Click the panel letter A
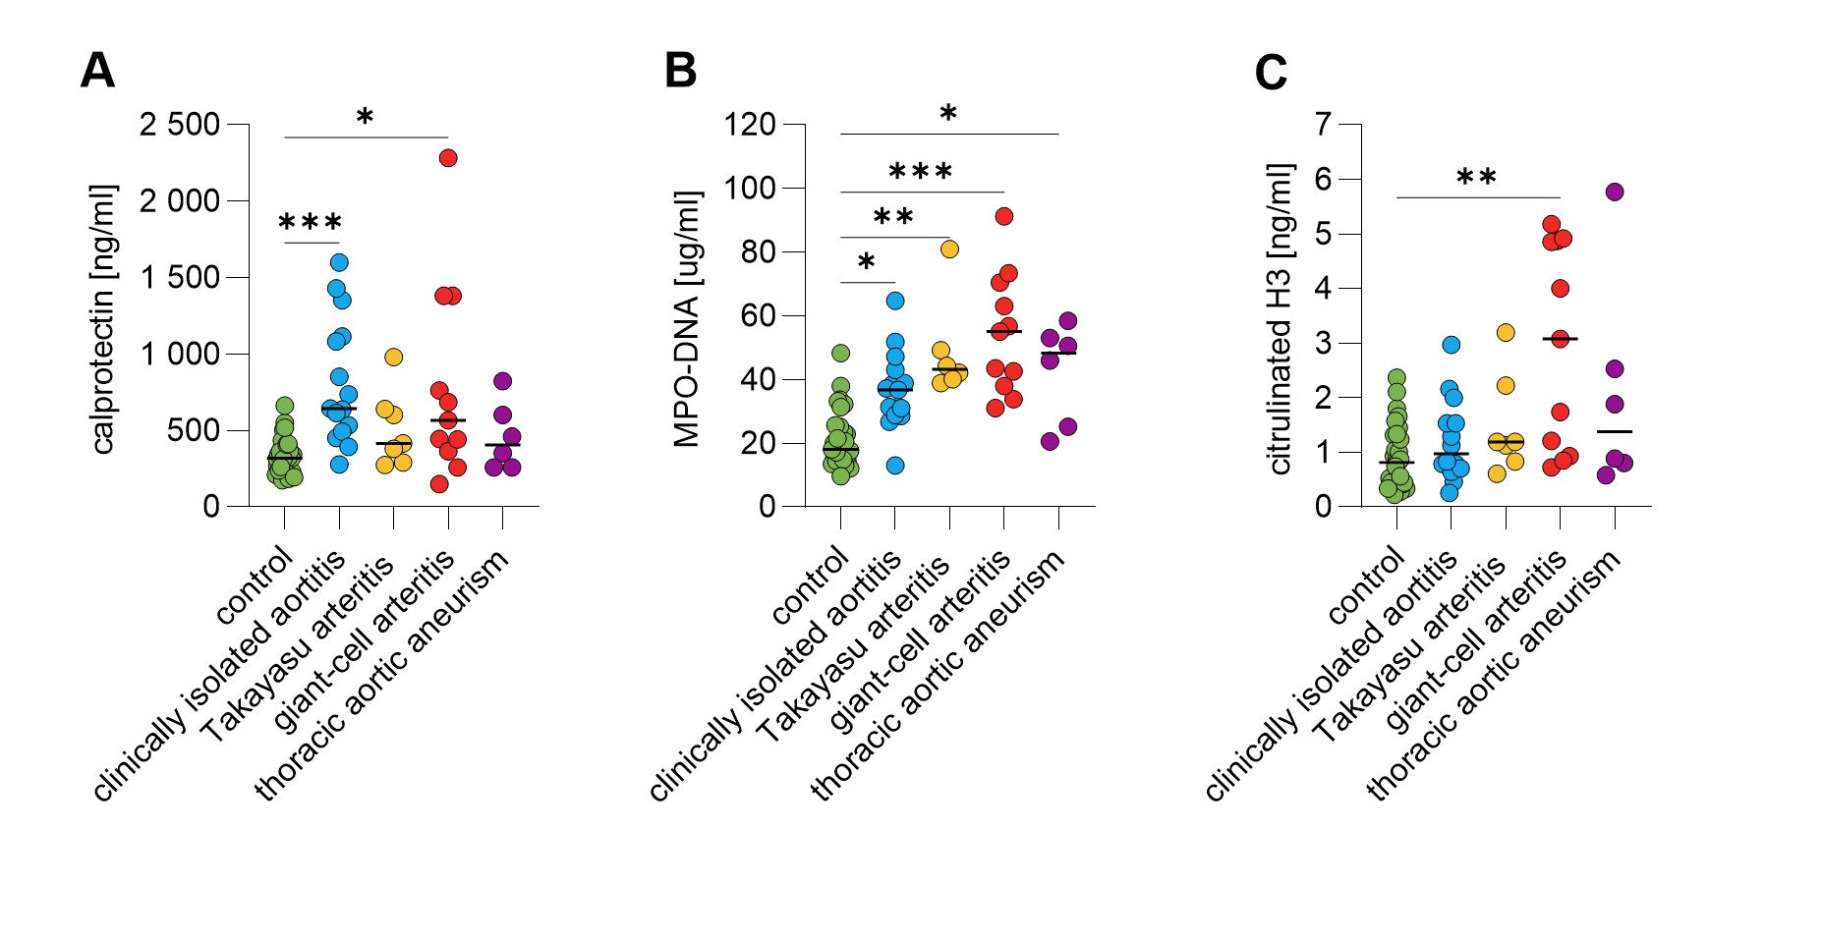coord(97,71)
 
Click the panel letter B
coord(680,71)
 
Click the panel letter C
coord(1271,73)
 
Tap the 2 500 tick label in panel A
coord(180,125)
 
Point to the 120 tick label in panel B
coord(750,125)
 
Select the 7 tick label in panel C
coord(1323,125)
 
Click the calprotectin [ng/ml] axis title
coord(103,319)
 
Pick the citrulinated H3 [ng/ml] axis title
coord(1279,319)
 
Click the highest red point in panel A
coord(448,158)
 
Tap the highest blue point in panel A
coord(339,262)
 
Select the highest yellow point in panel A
coord(393,357)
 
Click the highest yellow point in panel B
coord(949,249)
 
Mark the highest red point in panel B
coord(1003,216)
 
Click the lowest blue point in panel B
coord(894,466)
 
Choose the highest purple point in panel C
coord(1614,192)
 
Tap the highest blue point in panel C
coord(1452,345)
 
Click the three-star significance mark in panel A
coord(311,222)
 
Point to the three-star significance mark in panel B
coord(921,172)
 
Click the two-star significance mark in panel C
coord(1476,177)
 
